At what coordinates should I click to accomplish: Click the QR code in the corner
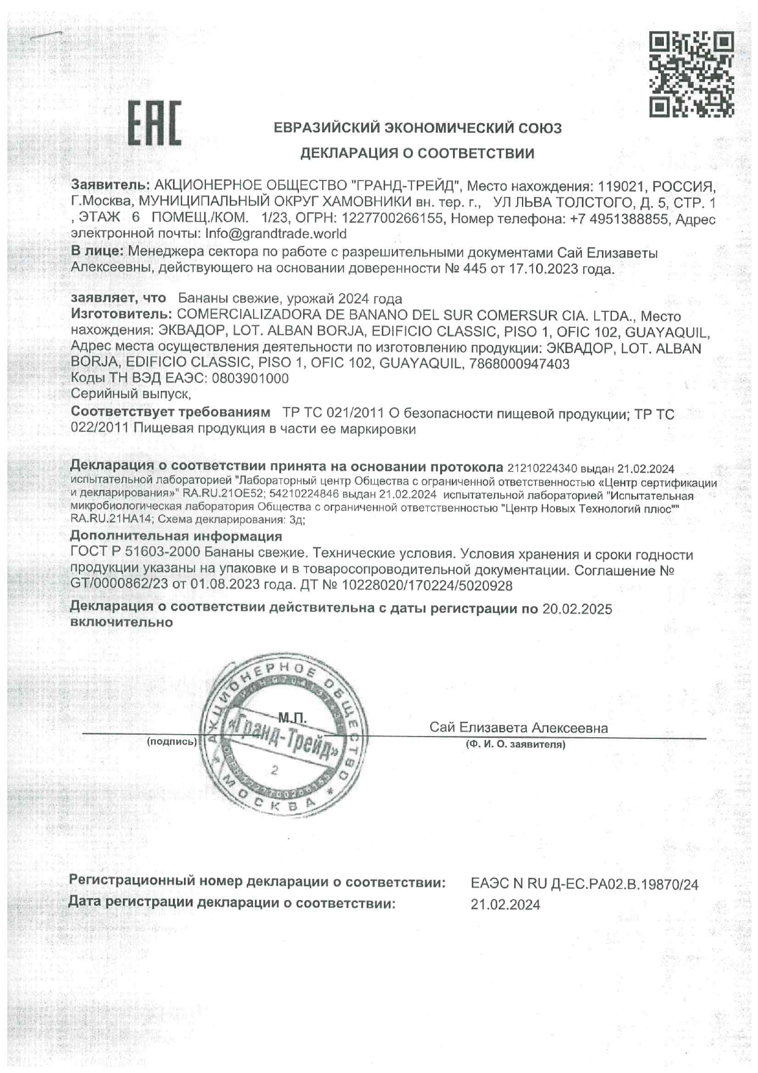691,74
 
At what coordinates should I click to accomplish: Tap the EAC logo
155,124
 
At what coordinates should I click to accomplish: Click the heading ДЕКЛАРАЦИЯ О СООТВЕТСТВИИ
417,154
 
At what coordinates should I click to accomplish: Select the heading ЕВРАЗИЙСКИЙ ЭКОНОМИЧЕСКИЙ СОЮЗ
417,128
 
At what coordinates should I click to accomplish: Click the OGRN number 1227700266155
392,218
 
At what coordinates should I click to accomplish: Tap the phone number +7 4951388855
619,218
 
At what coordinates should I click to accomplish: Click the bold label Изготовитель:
121,316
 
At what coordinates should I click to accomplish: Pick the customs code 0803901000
250,379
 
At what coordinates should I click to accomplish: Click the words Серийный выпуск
130,395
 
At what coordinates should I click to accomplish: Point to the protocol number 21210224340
542,469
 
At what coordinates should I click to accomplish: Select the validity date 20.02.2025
577,609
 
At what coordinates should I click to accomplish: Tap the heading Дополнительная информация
176,536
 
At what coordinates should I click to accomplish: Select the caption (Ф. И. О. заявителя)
515,744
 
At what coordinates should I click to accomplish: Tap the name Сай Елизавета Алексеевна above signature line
518,728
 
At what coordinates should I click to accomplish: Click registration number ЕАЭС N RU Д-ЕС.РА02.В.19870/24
584,884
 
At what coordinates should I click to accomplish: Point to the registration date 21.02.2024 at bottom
505,905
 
